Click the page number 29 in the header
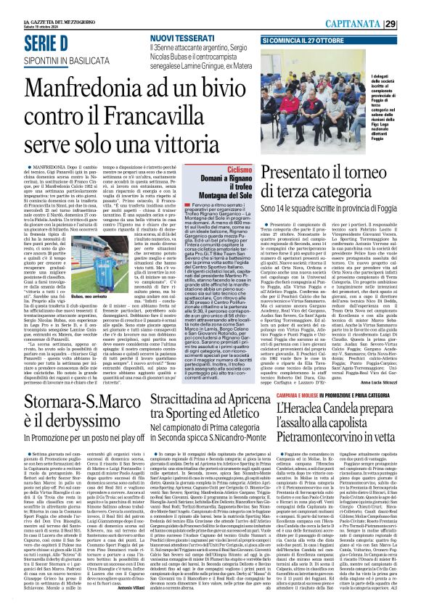(410, 7)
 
